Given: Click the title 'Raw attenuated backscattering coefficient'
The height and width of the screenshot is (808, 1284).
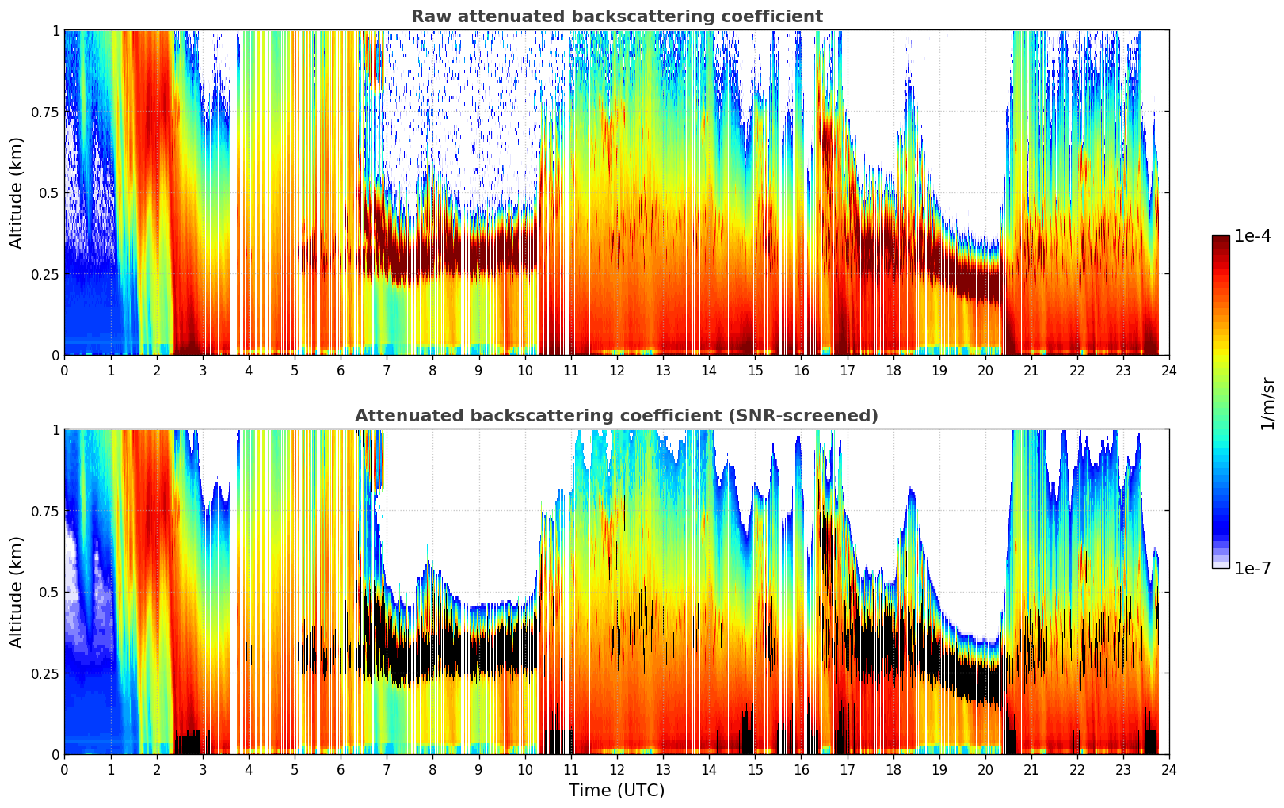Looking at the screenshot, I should (616, 17).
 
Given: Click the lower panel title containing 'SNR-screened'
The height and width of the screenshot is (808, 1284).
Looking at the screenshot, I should (616, 416).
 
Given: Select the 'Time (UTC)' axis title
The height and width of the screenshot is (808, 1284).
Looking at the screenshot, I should (616, 790).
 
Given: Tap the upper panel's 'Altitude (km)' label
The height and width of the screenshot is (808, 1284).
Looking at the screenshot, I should (17, 192).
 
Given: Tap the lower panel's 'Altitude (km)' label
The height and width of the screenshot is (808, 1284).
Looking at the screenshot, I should (17, 592).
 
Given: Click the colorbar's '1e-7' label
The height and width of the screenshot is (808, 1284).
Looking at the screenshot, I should (1252, 568).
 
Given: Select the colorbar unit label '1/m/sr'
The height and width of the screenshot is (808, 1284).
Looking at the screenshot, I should (1267, 402).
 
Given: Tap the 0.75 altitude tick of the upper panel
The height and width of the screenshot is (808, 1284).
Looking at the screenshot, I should (44, 112).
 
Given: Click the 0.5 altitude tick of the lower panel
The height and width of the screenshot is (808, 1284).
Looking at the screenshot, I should (49, 592).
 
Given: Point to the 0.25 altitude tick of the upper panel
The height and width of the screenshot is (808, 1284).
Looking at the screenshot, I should (44, 274).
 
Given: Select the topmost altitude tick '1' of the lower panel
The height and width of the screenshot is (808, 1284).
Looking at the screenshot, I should (55, 430).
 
